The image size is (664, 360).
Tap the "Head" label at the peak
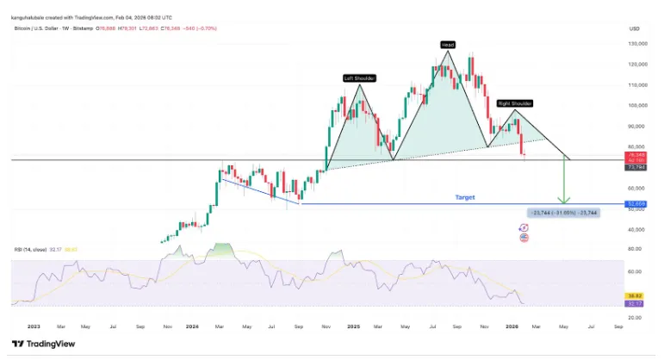click(x=447, y=45)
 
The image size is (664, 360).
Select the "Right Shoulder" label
click(x=515, y=103)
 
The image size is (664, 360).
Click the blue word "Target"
click(x=464, y=197)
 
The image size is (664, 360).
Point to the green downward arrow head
click(x=564, y=202)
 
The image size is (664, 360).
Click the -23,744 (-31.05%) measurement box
click(x=561, y=211)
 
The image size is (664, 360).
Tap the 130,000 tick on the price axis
click(x=637, y=44)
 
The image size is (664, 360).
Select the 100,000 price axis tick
click(x=637, y=106)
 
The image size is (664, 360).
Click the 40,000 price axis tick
click(x=637, y=230)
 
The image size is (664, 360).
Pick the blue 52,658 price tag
click(x=637, y=204)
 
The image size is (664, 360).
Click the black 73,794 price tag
click(x=637, y=166)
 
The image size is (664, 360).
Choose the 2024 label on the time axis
click(x=192, y=326)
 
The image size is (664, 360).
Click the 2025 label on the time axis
click(x=353, y=326)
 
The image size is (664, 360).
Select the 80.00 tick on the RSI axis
click(x=637, y=249)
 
